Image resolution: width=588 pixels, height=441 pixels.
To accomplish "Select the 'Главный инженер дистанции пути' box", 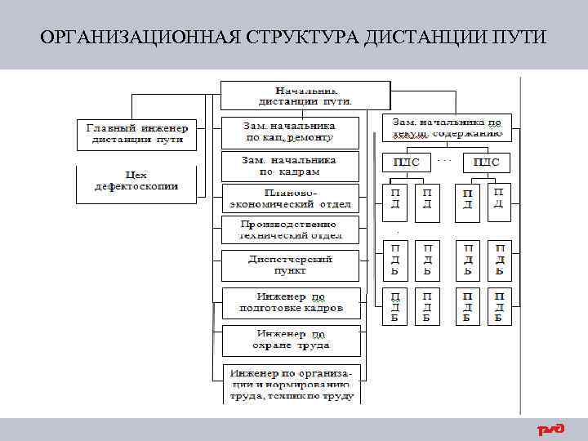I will pos(137,135).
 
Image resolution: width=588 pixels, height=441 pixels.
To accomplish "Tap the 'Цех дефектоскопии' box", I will pos(136,185).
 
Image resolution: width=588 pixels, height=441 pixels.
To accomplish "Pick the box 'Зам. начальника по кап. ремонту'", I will pos(290,132).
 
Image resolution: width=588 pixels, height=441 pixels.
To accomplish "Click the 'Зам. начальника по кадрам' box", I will pos(290,166).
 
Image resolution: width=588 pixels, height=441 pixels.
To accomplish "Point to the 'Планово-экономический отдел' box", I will pos(290,198).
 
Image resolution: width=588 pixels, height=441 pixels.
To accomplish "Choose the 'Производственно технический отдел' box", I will pos(290,229).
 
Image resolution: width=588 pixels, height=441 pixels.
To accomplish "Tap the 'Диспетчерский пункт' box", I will pos(290,265).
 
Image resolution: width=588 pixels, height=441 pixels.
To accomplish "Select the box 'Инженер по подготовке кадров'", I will pos(290,302).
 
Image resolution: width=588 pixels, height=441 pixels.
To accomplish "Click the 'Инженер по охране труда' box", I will pos(290,340).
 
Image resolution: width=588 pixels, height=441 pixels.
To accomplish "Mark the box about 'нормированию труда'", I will pos(290,384).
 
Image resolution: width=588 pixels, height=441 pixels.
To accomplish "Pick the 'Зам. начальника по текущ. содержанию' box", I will pos(447,127).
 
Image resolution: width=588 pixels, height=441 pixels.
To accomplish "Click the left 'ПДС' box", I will pos(406,162).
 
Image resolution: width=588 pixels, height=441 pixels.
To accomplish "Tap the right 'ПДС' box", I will pos(486,162).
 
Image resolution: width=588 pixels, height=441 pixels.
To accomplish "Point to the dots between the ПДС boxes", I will pos(446,159).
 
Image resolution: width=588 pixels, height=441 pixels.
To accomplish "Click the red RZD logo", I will pos(550,430).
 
